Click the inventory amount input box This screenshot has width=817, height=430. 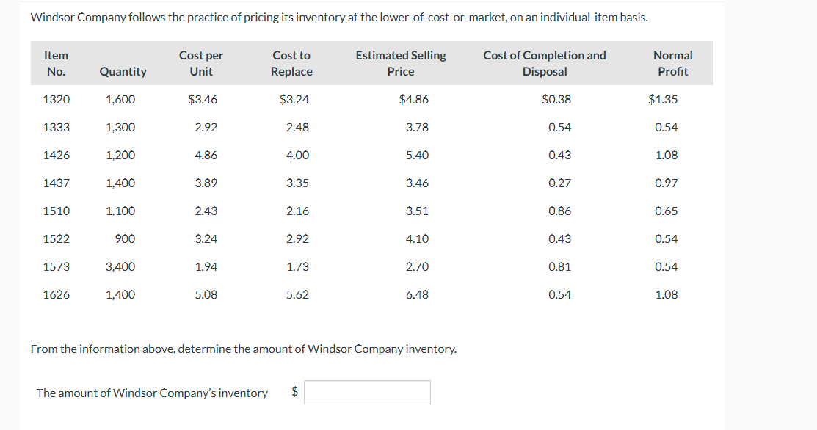[x=367, y=392]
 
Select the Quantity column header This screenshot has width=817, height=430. [x=123, y=71]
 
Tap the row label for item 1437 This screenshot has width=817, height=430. [x=57, y=183]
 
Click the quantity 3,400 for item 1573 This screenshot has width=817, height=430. [x=120, y=266]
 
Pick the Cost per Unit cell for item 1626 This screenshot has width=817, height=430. [x=206, y=294]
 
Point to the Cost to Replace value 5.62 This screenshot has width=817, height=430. [x=297, y=294]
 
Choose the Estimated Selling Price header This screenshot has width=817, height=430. [x=400, y=63]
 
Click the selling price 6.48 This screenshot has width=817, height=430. [x=417, y=294]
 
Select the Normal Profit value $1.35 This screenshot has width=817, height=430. [x=663, y=99]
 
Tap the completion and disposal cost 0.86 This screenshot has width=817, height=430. [x=559, y=211]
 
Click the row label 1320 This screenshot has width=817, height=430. [x=57, y=99]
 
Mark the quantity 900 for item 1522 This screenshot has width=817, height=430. [x=126, y=238]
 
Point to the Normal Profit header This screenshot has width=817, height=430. [x=672, y=63]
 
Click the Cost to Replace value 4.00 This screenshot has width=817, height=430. [x=297, y=155]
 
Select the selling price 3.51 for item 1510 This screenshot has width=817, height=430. [x=417, y=211]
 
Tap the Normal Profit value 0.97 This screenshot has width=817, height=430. [x=666, y=183]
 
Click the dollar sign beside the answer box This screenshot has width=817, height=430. [x=295, y=392]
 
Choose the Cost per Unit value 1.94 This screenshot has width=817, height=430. [x=206, y=266]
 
